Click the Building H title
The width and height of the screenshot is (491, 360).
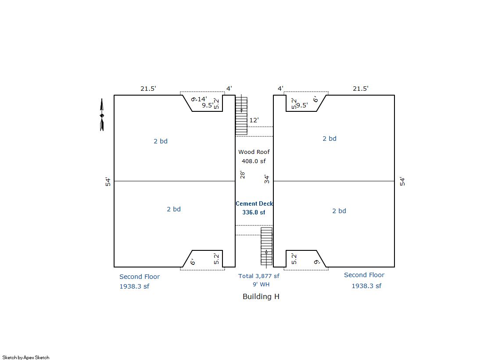coord(261,296)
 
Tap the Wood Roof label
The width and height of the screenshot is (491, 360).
coord(254,152)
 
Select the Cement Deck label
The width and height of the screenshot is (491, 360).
coord(254,203)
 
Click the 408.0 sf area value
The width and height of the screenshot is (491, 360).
coord(254,161)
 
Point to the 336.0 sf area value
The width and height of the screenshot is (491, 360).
coord(254,212)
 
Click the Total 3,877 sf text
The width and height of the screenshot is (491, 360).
coord(258,276)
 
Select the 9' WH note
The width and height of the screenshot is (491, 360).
coord(261,284)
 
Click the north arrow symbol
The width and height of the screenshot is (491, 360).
coord(102,114)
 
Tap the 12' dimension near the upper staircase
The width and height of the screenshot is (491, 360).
coord(254,120)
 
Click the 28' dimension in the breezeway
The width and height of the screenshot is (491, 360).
coord(242,175)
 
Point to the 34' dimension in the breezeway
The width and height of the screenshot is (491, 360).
coord(266,179)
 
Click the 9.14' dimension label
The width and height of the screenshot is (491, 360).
coord(199,99)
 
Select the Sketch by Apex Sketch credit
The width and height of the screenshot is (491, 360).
coord(26,357)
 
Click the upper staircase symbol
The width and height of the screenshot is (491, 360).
coord(241,116)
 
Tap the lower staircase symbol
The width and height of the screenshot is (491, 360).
coord(266,247)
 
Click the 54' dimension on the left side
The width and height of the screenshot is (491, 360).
coord(108,182)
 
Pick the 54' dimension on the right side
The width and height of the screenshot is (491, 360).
coord(402,181)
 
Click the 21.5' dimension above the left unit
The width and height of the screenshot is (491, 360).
coord(148,89)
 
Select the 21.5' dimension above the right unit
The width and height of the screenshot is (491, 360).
coord(360,89)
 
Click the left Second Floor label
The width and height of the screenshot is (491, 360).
coord(140,277)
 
